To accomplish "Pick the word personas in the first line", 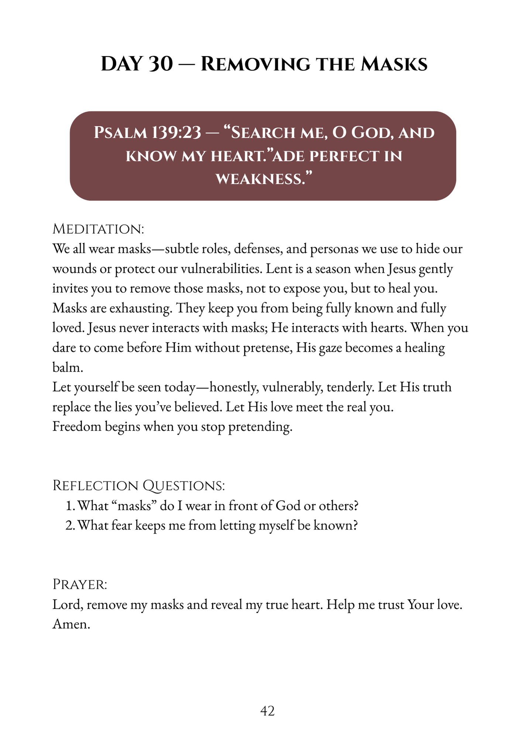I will [334, 249].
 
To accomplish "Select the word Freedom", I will [77, 427].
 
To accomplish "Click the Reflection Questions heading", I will [139, 486].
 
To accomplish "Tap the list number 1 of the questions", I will [70, 506].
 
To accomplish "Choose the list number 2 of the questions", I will [70, 525].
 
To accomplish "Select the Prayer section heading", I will [80, 584].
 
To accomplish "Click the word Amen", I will [71, 624].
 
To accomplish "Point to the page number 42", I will [267, 711].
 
